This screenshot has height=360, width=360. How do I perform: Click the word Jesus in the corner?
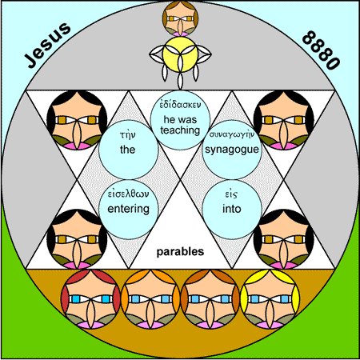(47, 45)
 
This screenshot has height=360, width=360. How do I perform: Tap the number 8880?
(321, 50)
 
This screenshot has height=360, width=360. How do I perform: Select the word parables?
(180, 252)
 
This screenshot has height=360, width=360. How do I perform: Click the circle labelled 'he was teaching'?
(180, 120)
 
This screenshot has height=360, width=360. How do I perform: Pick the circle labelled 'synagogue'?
(232, 150)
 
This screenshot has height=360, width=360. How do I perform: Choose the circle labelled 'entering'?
(129, 209)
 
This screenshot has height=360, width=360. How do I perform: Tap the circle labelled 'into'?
(232, 209)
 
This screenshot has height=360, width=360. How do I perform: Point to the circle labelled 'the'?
(129, 150)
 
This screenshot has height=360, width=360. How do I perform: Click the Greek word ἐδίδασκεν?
(180, 105)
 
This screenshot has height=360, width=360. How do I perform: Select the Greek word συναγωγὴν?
(232, 134)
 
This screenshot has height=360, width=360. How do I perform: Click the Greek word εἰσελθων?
(128, 194)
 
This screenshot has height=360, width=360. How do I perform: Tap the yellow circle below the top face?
(180, 54)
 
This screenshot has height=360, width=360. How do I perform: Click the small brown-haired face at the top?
(180, 18)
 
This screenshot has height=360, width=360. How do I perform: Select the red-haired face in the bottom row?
(90, 298)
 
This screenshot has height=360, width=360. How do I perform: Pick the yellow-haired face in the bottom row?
(270, 298)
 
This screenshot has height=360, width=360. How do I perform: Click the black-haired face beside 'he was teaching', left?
(77, 120)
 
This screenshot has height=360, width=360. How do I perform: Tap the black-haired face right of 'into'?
(283, 239)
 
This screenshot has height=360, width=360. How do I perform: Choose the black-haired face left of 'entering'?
(77, 239)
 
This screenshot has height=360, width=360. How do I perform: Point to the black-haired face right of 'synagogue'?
(283, 120)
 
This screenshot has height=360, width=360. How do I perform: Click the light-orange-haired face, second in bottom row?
(150, 298)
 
